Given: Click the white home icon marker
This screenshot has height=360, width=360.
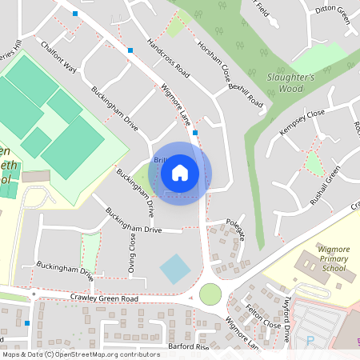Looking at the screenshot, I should [180, 173].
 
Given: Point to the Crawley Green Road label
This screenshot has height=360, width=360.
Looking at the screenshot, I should [104, 298].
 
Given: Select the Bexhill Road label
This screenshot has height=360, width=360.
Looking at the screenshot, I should [246, 93].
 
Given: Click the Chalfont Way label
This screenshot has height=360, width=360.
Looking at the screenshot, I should [58, 58].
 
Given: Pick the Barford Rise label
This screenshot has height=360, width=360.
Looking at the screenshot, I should [189, 347].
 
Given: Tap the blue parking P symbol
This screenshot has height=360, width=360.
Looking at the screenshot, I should [310, 342].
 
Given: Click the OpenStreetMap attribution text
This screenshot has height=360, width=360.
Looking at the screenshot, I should [81, 354].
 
